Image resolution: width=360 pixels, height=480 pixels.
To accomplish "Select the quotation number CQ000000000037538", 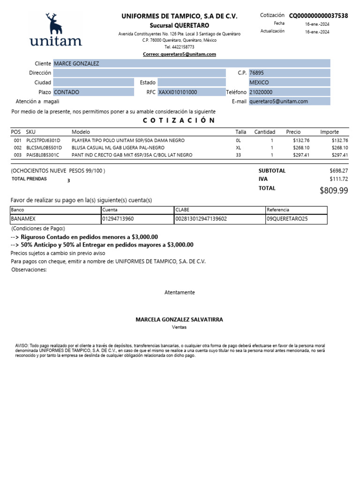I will [x=318, y=16].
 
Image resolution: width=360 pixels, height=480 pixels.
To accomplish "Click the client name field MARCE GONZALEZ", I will [x=77, y=63].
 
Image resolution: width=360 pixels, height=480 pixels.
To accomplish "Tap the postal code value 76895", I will [x=256, y=73].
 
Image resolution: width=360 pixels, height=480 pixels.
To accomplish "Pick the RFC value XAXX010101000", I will [x=178, y=92].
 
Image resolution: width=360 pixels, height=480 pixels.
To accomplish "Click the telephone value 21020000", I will [x=261, y=92].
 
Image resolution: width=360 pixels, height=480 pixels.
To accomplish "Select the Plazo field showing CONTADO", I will [x=67, y=92].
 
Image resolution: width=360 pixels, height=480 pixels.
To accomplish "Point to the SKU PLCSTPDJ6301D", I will [x=44, y=140].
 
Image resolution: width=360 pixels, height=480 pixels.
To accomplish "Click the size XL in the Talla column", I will [x=238, y=148].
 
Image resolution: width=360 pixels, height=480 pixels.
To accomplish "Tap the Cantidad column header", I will [x=264, y=132].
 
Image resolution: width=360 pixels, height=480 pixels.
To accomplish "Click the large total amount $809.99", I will [x=334, y=190].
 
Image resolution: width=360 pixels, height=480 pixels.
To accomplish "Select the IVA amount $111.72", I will [x=339, y=179].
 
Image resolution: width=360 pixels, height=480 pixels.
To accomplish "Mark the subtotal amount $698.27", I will [x=339, y=171].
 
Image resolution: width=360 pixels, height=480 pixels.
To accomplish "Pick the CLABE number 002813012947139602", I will [x=201, y=219].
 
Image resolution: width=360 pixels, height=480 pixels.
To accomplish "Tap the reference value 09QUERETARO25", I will [x=287, y=219].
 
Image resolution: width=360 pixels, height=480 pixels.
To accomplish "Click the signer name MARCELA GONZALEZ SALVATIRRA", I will [x=180, y=320].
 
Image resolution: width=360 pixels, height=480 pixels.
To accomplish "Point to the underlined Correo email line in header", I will [x=180, y=54].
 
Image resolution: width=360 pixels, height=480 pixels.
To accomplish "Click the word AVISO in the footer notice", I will [x=22, y=345].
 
